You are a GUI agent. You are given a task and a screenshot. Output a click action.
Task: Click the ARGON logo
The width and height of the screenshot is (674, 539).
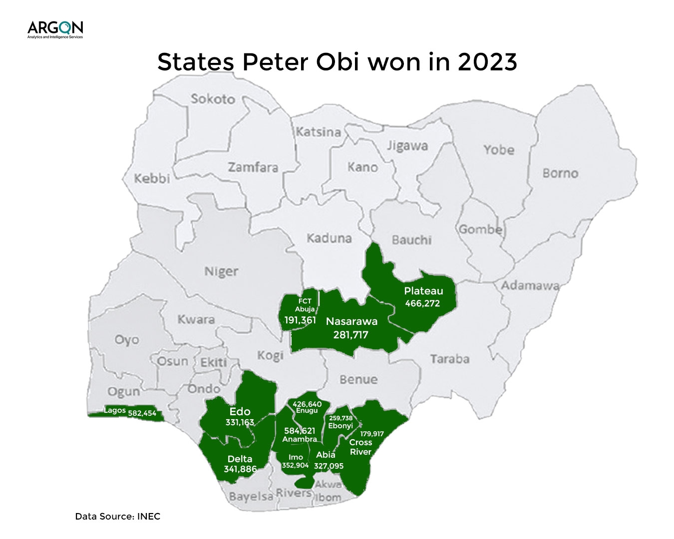(55, 29)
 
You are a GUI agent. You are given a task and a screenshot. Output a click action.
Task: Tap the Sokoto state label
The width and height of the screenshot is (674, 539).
(213, 99)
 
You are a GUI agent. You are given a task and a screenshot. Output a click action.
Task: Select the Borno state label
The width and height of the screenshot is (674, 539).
(560, 173)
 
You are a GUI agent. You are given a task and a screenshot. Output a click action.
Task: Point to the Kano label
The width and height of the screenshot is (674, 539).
(362, 167)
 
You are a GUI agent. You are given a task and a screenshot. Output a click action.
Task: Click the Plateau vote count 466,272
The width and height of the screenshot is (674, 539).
(422, 303)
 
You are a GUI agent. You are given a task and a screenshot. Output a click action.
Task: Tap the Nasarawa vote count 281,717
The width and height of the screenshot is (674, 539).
(350, 334)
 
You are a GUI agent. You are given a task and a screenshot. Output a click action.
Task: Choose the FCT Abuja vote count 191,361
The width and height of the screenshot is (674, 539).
(300, 320)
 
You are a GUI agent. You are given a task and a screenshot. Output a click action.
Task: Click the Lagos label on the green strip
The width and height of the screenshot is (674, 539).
(115, 411)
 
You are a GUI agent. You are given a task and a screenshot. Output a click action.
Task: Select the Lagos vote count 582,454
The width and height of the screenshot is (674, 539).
(142, 413)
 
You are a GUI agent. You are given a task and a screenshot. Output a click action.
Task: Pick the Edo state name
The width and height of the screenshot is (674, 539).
(240, 412)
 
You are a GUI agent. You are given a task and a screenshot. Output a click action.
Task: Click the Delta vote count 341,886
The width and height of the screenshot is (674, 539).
(240, 469)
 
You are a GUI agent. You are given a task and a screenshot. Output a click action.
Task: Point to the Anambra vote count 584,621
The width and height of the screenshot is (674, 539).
(300, 431)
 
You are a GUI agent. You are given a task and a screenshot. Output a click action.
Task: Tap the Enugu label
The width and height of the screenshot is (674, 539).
(307, 411)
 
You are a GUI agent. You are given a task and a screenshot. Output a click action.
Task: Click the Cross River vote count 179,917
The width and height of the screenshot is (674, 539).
(372, 434)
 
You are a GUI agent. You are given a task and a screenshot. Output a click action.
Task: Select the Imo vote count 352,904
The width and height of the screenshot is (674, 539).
(296, 465)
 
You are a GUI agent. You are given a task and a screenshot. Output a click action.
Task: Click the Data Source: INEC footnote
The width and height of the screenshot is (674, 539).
(118, 517)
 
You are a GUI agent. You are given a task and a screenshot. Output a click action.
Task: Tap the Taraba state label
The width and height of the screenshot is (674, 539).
(450, 359)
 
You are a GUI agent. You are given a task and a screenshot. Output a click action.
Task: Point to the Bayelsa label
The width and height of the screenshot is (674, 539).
(251, 497)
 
